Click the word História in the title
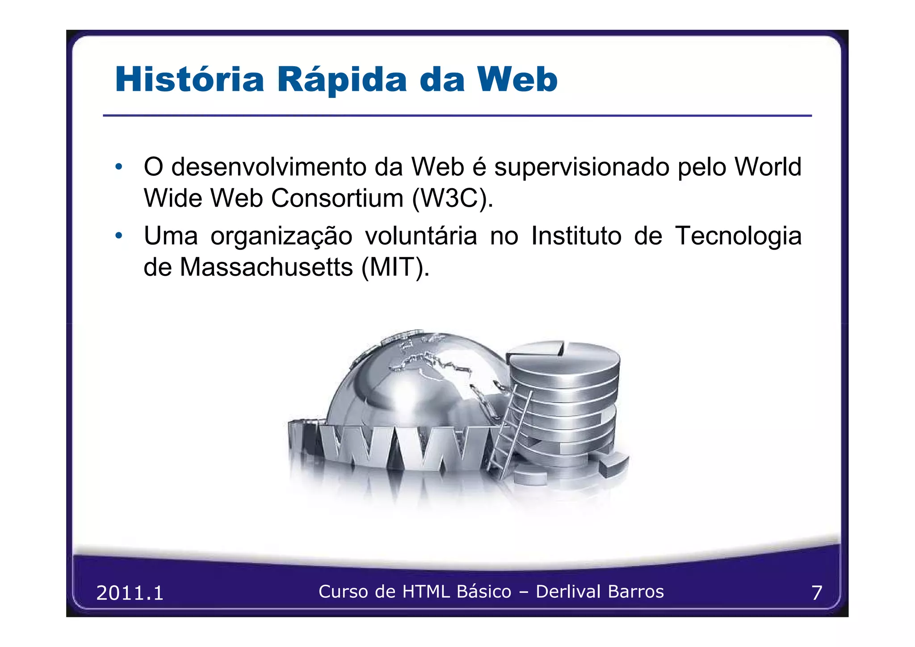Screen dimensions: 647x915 190,80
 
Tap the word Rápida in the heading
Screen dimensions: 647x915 342,80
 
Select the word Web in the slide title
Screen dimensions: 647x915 517,80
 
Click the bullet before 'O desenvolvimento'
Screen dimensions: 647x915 118,167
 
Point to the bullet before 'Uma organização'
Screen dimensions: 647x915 118,236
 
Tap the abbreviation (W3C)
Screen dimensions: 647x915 452,198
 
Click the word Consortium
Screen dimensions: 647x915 337,198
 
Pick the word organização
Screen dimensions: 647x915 281,236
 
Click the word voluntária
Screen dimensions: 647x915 421,236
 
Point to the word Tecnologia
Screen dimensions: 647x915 738,236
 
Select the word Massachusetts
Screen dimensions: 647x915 266,267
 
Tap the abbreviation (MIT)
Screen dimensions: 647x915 395,267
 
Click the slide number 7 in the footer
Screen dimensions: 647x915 816,593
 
